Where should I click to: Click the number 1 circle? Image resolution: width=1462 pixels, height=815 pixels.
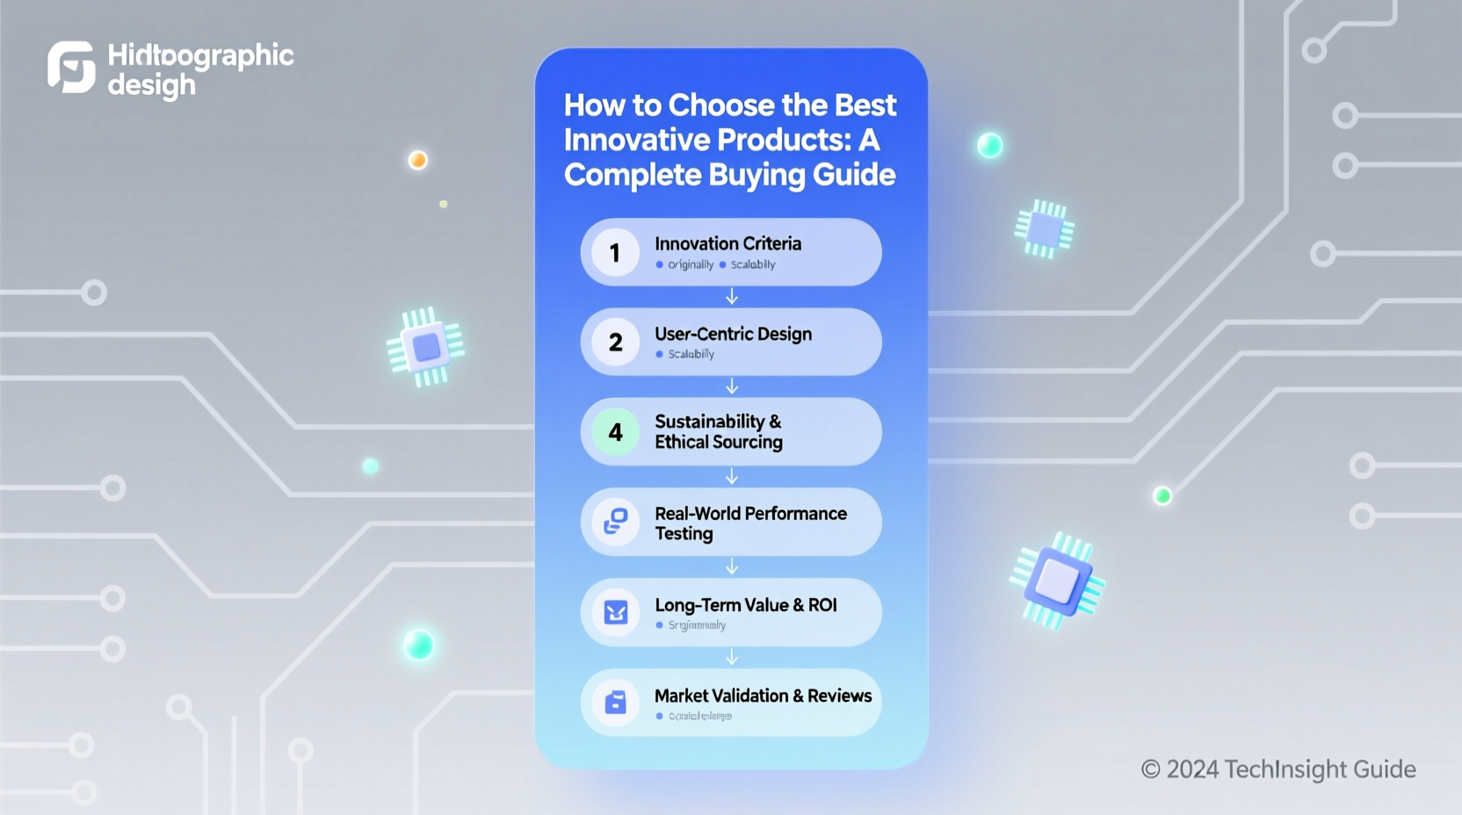tap(615, 253)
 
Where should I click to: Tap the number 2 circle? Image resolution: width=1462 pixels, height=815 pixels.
tap(615, 343)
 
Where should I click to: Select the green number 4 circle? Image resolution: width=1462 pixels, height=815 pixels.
tap(615, 432)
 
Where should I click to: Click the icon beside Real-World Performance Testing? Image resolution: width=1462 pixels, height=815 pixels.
tap(615, 522)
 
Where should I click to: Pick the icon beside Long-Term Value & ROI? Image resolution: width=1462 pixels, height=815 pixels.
tap(615, 612)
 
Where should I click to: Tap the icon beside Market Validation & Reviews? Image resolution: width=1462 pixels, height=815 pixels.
tap(615, 703)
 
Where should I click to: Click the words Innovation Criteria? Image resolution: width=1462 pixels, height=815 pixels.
tap(727, 244)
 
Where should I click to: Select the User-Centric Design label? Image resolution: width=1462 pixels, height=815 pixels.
tap(733, 334)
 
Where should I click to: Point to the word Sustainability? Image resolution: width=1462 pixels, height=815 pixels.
tap(709, 422)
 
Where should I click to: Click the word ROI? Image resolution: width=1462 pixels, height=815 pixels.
tap(822, 605)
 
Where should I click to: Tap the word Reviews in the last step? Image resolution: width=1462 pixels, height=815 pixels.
tap(839, 696)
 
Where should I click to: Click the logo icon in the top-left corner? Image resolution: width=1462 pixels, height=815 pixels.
tap(71, 67)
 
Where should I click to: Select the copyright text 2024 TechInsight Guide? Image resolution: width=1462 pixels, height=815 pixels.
tap(1278, 769)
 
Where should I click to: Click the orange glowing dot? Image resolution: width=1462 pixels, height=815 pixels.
tap(418, 160)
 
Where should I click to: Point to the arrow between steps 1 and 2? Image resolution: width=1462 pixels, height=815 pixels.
tap(732, 298)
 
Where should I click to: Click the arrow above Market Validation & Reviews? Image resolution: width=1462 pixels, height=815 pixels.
tap(732, 658)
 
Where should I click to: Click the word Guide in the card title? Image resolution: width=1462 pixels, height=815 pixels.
tap(853, 175)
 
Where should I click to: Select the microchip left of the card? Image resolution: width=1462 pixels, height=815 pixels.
tap(426, 347)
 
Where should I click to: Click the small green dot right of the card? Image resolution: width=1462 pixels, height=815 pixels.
tap(1162, 496)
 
